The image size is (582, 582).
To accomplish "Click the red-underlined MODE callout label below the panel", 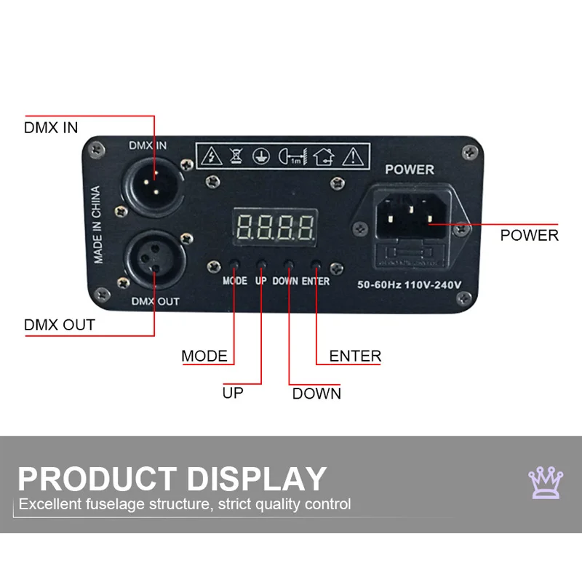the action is pos(204,356).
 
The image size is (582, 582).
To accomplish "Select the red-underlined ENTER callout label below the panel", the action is pos(355,356).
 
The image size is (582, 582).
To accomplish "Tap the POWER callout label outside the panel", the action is pos(529,236).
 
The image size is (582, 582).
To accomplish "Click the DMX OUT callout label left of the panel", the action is pos(60,324).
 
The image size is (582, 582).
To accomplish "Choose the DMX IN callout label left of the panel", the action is pos(51,128).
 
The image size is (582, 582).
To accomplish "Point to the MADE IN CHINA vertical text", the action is pos(97,226).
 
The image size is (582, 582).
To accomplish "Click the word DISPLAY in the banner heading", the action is pos(256,479).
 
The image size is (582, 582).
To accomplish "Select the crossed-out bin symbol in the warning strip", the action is pos(234,155).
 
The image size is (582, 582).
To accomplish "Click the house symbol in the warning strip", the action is pos(324,155).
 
